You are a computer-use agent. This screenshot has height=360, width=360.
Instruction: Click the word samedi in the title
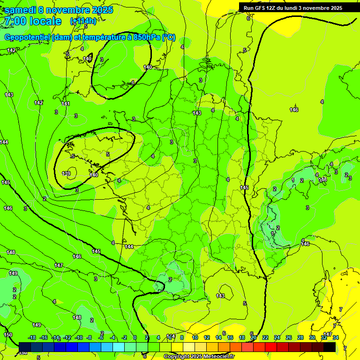coord(20,10)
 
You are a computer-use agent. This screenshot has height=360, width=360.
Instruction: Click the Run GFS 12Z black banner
coord(293,8)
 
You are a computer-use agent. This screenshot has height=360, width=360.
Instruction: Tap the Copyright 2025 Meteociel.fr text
coord(199,357)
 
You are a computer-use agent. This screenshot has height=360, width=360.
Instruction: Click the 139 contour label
coord(66,173)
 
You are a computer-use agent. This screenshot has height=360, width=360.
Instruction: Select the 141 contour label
coord(66,104)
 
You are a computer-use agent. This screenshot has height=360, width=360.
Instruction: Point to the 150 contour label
coord(8,335)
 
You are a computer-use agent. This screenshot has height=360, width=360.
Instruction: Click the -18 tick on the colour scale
coord(32,337)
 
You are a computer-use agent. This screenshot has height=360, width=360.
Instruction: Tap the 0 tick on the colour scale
coord(135,337)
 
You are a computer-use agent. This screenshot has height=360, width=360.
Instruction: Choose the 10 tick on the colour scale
coord(195,337)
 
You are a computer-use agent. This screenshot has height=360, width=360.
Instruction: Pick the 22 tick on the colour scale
coord(265,337)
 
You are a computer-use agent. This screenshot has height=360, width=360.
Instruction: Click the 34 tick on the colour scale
coord(336,337)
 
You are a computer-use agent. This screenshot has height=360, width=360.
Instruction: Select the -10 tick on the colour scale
coord(79,337)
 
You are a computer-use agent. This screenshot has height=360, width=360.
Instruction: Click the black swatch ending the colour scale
coord(330,347)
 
